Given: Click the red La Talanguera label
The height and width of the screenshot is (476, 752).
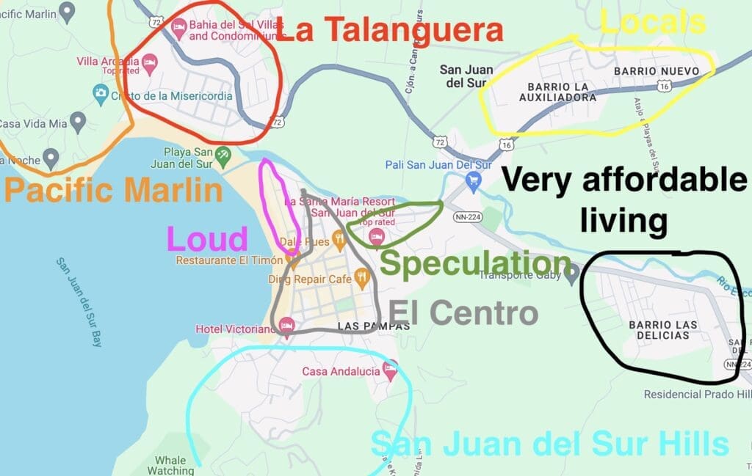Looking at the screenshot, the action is pos(390,30).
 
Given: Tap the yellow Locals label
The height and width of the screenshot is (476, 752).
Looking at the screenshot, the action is pos(653,23).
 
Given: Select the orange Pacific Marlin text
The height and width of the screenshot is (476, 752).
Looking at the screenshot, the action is pos(113,191).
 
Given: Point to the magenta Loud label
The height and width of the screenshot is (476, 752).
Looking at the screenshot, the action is pos(207,240).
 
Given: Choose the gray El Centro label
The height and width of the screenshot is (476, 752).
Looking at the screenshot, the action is pos(463,313).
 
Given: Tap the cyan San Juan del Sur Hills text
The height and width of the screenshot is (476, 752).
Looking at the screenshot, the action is pos(549,444).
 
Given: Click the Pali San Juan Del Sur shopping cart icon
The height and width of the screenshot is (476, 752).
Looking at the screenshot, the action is pos(474,179).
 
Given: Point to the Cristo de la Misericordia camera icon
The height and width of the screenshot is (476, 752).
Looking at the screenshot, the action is pos(101,92).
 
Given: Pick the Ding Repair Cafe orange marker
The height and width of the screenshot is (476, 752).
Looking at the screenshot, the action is pos(361,277).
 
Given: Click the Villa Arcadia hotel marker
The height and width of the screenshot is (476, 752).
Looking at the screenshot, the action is pos(149,62).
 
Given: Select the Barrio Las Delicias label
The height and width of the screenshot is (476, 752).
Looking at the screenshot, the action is pos(659,330).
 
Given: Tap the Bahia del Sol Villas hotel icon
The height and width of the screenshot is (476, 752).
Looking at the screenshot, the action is pos(178,26).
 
